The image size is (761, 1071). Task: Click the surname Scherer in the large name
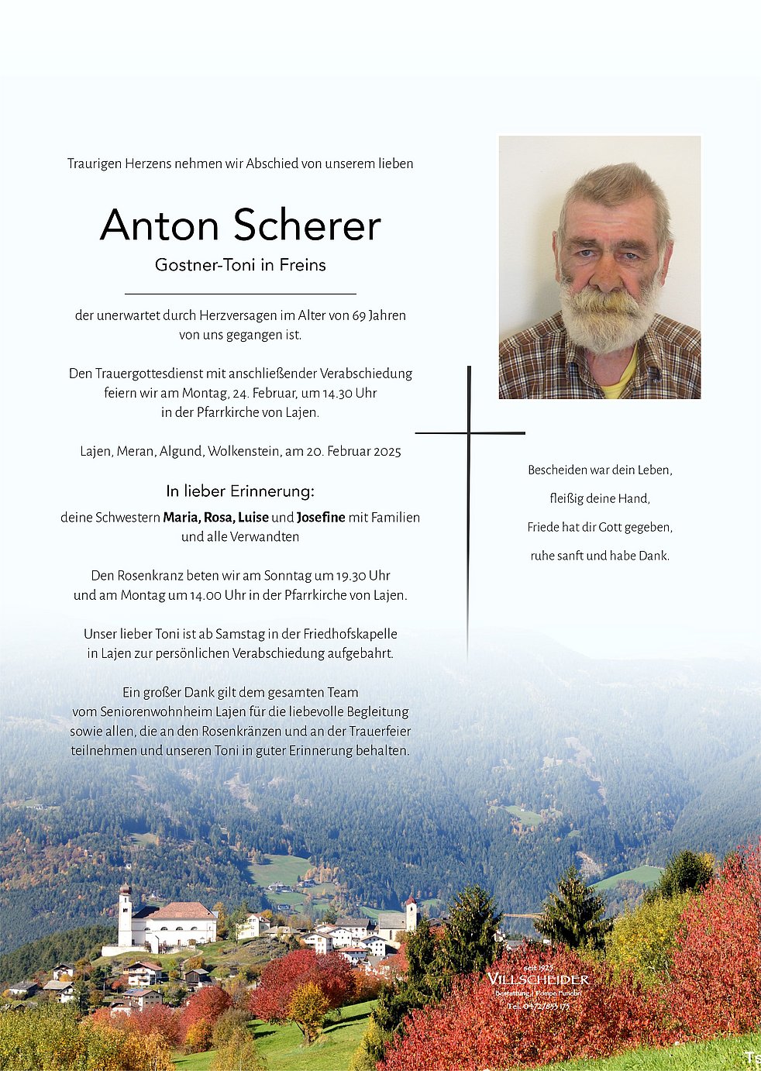tap(307, 226)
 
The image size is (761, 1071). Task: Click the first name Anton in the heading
tap(160, 226)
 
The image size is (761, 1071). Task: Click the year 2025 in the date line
tap(387, 451)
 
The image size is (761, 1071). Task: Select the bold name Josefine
tap(321, 517)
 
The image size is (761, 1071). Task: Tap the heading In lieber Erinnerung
tap(240, 491)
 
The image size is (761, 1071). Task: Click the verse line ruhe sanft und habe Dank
tap(600, 556)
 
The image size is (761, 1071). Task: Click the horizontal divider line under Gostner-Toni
tap(240, 294)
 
